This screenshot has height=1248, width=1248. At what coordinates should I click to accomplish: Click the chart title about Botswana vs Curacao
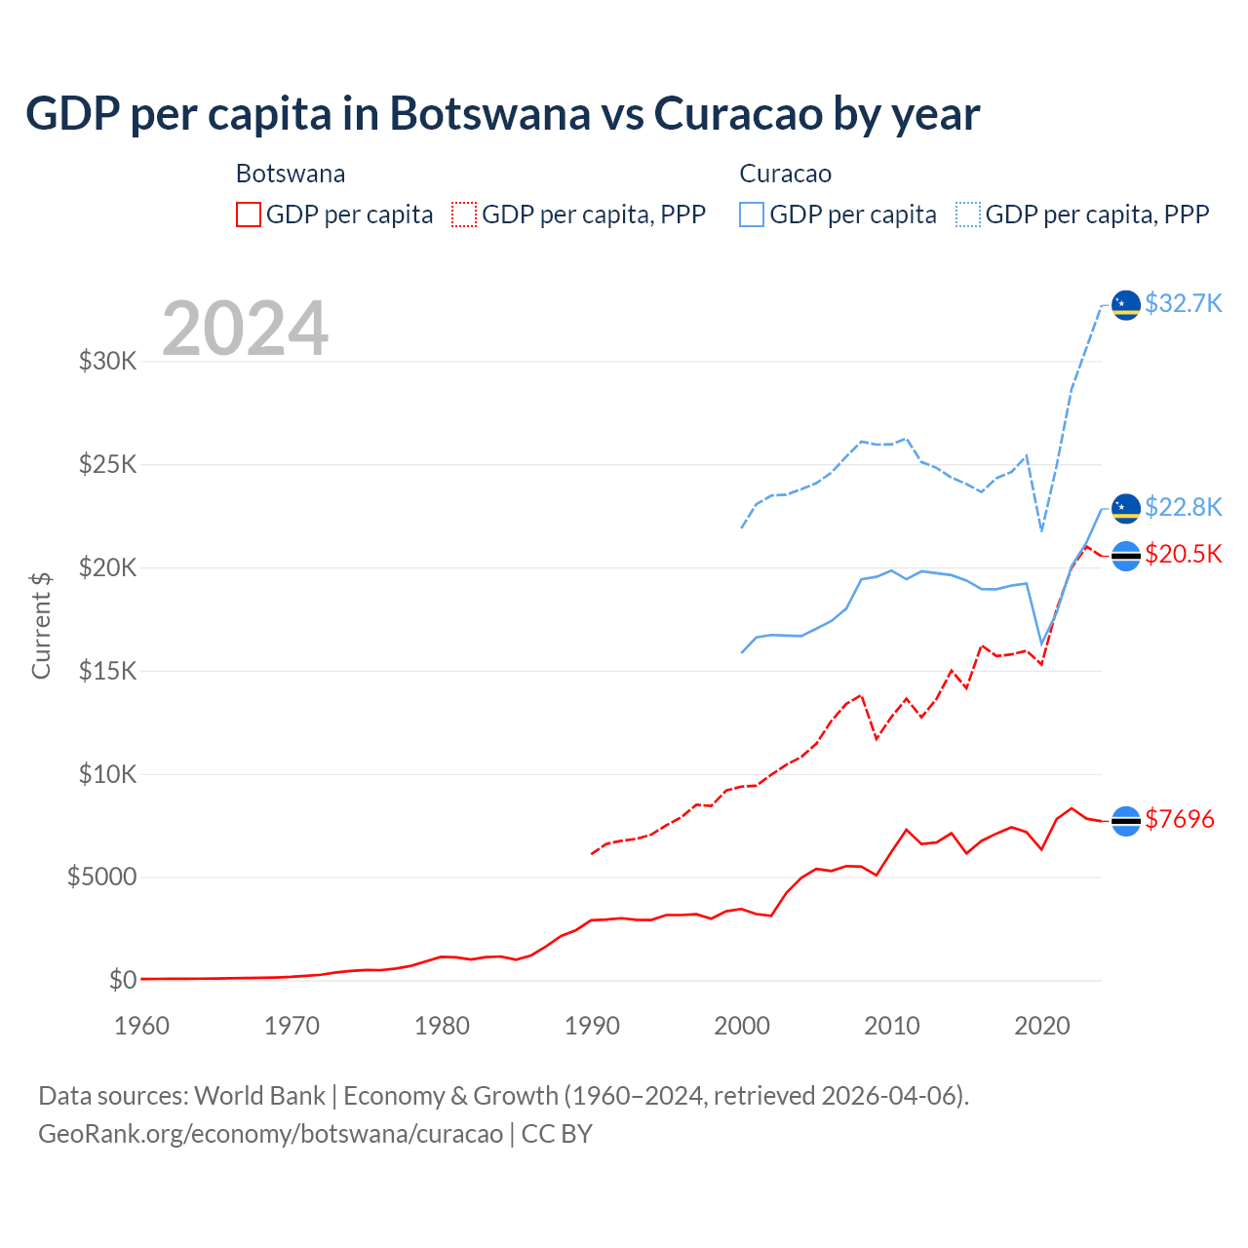point(502,114)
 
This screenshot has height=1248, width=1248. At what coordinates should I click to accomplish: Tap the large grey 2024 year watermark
point(245,329)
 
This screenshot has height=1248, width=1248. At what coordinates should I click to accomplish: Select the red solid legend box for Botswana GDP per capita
point(249,214)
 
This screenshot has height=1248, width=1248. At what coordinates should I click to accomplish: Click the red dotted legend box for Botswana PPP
point(464,214)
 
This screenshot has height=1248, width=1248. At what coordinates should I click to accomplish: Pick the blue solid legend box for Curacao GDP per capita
point(752,214)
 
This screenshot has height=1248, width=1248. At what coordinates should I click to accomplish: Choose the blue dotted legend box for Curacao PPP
point(968,214)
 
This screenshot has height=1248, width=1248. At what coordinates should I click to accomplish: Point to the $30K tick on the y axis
point(108,362)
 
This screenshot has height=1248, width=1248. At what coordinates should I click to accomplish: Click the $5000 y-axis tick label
point(101,877)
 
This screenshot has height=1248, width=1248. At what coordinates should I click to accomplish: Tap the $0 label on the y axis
point(122,980)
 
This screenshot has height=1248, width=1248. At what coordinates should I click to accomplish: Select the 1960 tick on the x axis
point(142,1026)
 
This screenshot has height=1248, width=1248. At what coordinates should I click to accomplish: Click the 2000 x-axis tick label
point(742,1026)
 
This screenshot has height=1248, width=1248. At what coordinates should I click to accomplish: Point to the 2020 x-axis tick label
point(1042,1026)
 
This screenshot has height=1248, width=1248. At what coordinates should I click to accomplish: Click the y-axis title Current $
point(41,625)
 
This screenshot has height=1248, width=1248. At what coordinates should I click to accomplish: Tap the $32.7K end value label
point(1183,304)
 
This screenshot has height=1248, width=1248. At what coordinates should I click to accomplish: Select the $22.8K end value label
point(1183,508)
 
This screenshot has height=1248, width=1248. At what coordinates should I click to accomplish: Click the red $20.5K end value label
point(1183,555)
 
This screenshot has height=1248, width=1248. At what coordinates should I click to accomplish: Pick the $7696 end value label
point(1179,820)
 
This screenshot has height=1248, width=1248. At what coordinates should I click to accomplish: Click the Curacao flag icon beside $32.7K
point(1126,305)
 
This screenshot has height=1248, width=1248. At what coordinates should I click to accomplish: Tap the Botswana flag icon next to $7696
point(1126,821)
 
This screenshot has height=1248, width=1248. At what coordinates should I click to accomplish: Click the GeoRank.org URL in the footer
point(270,1134)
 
